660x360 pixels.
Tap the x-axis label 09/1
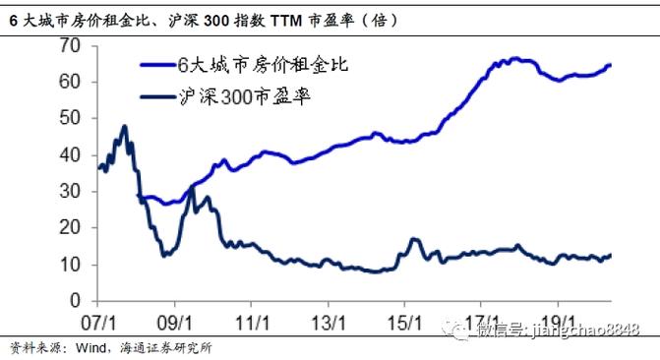tap(176, 321)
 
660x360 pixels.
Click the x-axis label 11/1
tap(253, 321)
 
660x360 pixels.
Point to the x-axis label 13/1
tap(329, 321)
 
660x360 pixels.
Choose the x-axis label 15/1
tap(405, 321)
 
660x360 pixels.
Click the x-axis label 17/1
tap(481, 321)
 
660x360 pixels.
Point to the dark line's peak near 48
tap(124, 126)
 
